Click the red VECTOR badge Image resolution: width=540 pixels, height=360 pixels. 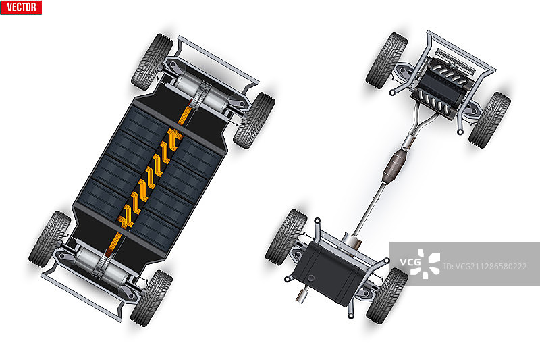(21, 7)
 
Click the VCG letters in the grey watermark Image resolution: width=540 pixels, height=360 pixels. (410, 262)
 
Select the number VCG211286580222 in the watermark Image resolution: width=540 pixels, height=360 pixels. (485, 266)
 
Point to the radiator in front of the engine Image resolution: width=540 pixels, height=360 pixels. (455, 61)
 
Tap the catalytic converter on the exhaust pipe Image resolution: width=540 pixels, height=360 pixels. (395, 165)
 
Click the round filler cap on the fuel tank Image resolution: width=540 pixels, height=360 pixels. (311, 278)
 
